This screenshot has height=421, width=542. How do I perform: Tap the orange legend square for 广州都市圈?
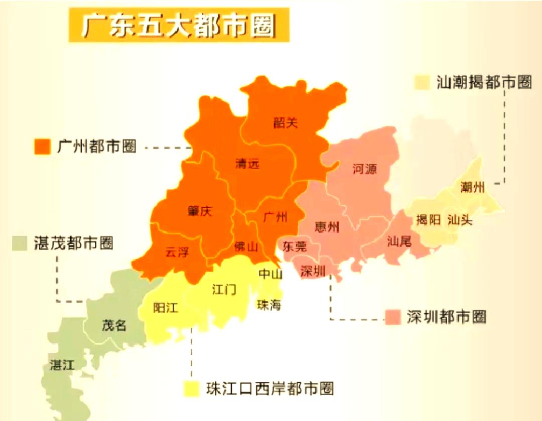point(43,147)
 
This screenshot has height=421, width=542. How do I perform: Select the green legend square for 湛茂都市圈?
point(21,243)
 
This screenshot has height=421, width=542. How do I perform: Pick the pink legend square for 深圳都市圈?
point(393,317)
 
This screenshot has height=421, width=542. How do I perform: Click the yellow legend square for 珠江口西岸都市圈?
point(191,388)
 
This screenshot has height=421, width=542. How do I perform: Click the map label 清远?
point(247,164)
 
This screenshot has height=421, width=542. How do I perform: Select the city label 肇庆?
point(200,211)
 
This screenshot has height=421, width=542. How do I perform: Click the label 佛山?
point(246,246)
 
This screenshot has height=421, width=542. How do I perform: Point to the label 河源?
point(364,169)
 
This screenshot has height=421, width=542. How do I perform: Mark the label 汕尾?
point(399,242)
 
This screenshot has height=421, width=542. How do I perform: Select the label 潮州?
point(472,188)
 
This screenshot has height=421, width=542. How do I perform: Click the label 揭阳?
point(429,220)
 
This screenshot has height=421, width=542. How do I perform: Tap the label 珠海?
point(269,305)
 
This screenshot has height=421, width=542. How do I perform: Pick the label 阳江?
point(166,308)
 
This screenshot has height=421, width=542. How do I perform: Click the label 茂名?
point(113,325)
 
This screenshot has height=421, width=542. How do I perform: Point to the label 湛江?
point(63,365)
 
